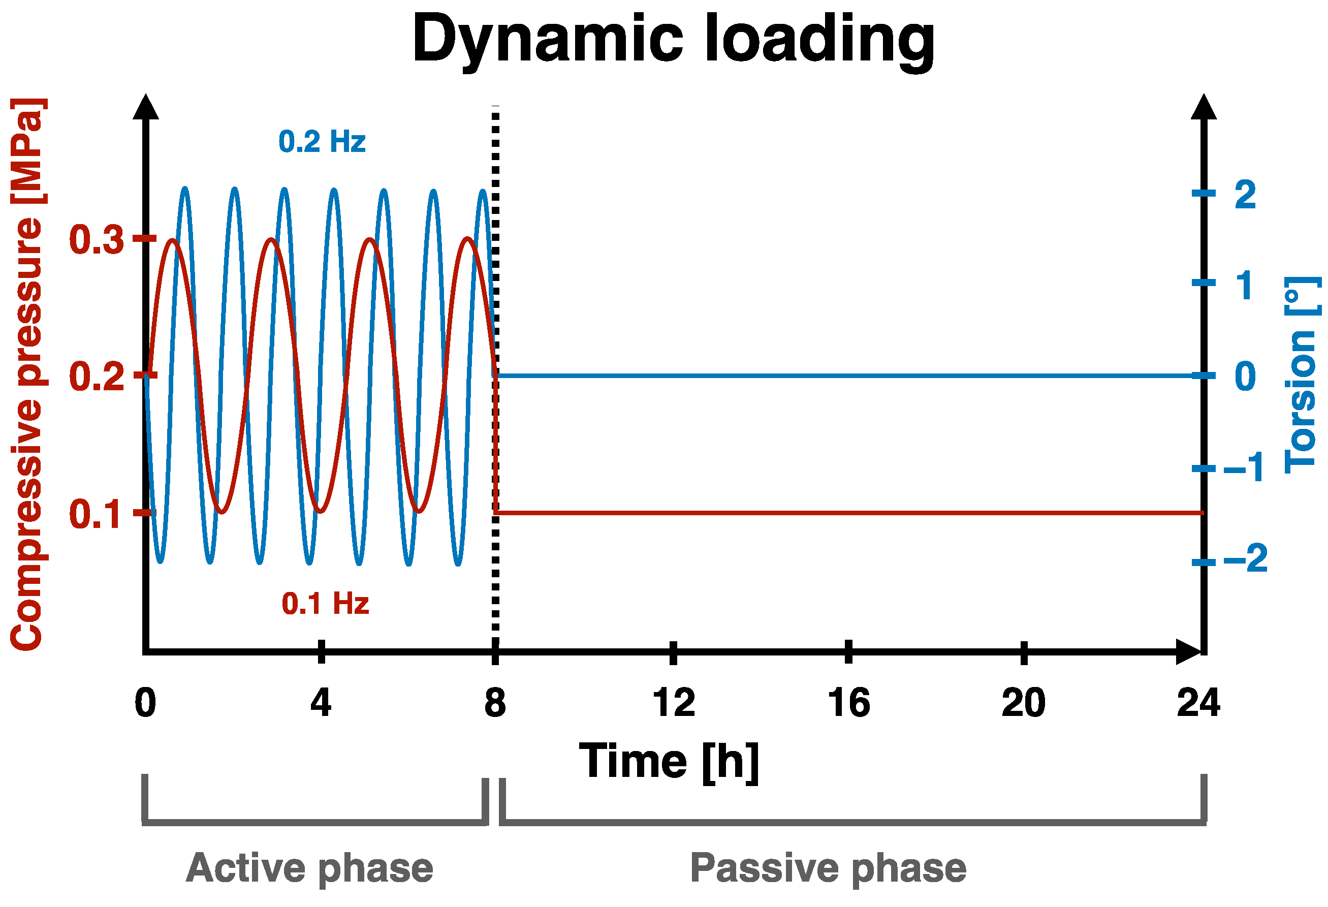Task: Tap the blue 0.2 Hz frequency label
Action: coord(322,142)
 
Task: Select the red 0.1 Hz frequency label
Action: coord(325,604)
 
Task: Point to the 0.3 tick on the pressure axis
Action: coord(96,239)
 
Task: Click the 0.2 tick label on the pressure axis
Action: coord(96,377)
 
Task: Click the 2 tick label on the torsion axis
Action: coord(1245,195)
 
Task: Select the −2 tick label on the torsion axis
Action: coord(1245,558)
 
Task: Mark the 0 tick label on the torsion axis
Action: coord(1245,377)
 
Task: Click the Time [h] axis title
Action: coord(669,762)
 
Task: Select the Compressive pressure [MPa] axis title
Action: coord(27,374)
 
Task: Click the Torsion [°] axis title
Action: coord(1302,374)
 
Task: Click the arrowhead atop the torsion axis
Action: coord(1204,107)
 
